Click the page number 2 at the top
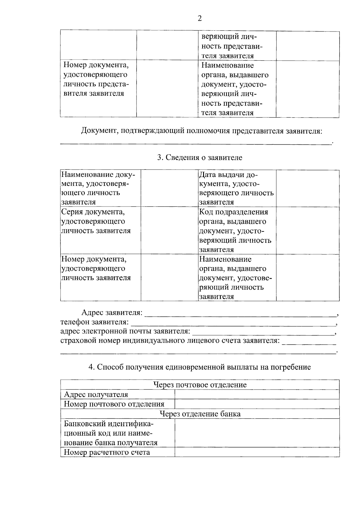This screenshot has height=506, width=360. pyautogui.click(x=200, y=19)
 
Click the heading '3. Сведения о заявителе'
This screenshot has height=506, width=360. pyautogui.click(x=200, y=158)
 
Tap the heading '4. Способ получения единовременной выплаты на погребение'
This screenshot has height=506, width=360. pyautogui.click(x=200, y=367)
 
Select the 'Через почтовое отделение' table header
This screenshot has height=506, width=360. pyautogui.click(x=200, y=385)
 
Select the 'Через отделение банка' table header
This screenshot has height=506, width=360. pyautogui.click(x=200, y=414)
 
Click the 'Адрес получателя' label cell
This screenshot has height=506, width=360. pyautogui.click(x=96, y=395)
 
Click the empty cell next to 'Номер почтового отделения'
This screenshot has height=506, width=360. pyautogui.click(x=257, y=404)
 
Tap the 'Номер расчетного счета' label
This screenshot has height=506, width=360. pyautogui.click(x=107, y=452)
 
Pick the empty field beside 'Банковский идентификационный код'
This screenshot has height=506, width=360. pyautogui.click(x=257, y=433)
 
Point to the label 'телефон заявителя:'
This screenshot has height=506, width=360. pyautogui.click(x=94, y=322)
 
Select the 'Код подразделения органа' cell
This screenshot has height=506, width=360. pyautogui.click(x=236, y=230)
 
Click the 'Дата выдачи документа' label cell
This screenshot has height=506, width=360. pyautogui.click(x=236, y=188)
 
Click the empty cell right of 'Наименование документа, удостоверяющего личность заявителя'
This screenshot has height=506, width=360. pyautogui.click(x=169, y=188)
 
